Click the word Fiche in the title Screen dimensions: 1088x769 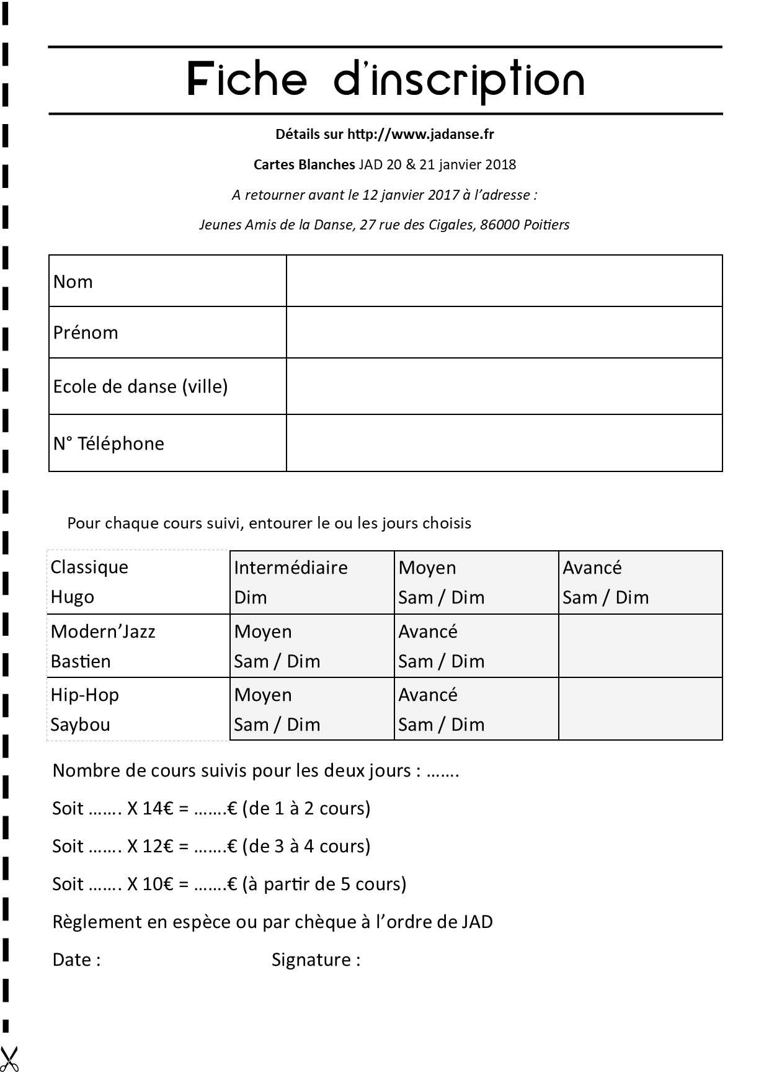pos(247,80)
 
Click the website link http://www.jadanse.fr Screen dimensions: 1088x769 pos(420,134)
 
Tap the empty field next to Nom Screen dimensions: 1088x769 pos(504,281)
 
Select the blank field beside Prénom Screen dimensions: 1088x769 pos(504,332)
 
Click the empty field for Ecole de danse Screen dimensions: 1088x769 pos(504,386)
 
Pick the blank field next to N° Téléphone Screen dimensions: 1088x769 pos(504,443)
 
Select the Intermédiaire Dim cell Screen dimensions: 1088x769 pos(311,582)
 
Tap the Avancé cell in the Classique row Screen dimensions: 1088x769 pos(640,582)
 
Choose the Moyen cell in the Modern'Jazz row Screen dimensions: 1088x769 pos(311,646)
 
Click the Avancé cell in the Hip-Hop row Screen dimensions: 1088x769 pos(476,709)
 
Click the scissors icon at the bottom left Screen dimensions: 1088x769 pos(9,1059)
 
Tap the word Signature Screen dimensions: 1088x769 pos(312,960)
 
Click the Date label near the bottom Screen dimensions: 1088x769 pos(73,960)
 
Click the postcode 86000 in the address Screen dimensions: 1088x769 pos(499,225)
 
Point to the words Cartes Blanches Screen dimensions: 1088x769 pos(304,164)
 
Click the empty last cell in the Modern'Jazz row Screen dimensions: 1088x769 pos(640,646)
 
